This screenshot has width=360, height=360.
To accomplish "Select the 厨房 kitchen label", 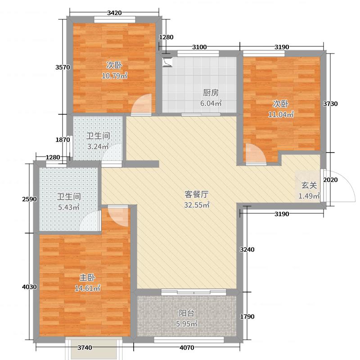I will [211, 93].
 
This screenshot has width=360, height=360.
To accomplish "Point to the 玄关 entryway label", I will [309, 185].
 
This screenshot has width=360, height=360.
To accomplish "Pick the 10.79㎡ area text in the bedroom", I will [114, 76].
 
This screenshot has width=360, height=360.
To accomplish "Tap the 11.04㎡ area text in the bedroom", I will [281, 114].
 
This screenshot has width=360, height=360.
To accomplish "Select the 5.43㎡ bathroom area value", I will [68, 207].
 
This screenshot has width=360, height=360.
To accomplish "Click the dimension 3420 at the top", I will [114, 13].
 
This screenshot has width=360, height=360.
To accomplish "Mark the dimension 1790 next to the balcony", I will [247, 317].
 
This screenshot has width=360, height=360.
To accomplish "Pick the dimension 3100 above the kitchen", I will [199, 47].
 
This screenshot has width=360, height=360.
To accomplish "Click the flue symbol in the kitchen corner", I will [167, 62].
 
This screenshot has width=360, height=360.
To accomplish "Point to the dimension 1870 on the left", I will [63, 140].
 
